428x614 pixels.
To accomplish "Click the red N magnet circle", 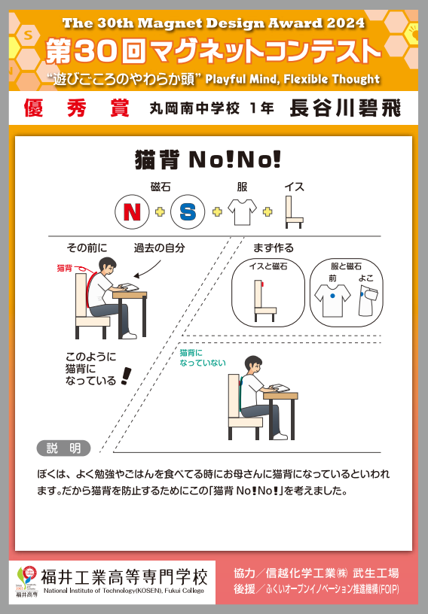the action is [132, 212].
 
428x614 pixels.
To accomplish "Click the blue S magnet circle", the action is [188, 212].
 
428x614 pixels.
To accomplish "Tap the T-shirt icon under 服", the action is [242, 212].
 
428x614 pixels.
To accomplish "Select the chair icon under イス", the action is [294, 212].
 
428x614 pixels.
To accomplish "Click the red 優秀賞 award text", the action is [77, 108].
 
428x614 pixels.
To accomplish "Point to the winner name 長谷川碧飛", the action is [345, 108].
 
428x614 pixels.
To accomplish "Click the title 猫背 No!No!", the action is [208, 160].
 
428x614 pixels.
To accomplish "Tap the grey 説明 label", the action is [63, 448].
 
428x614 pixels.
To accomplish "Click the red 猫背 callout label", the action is [65, 268].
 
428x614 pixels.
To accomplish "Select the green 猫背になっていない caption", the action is [203, 358].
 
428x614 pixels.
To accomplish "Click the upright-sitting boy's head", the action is [253, 365].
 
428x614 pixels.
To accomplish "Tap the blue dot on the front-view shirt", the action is [332, 296].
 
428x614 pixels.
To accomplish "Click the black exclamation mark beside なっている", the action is [126, 376].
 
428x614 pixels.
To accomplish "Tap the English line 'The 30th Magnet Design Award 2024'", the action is [213, 23].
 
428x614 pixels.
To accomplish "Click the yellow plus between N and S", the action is [160, 212].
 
